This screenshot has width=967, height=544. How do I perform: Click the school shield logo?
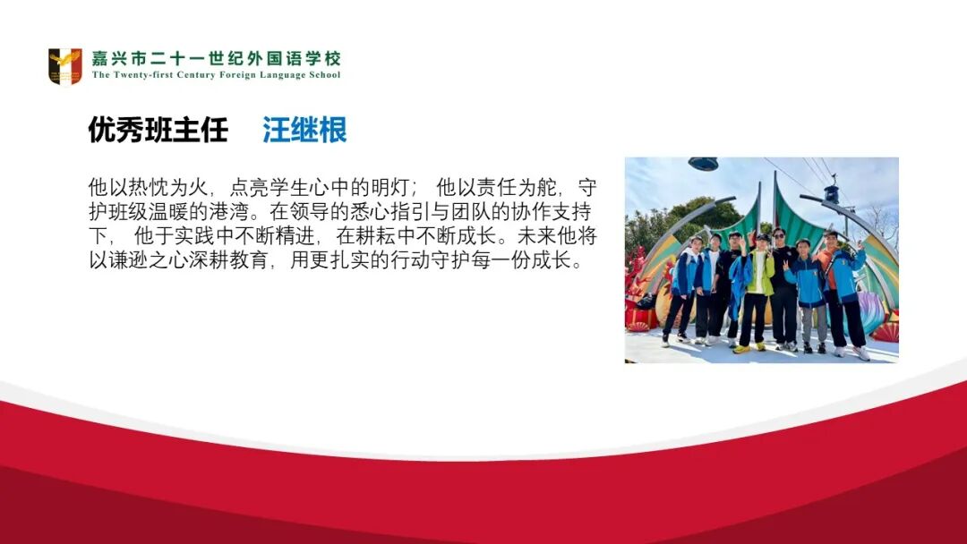tap(64, 67)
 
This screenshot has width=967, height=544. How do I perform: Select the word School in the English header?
tap(323, 76)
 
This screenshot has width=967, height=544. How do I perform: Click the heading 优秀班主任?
tap(158, 131)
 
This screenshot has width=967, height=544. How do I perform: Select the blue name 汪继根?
tap(304, 131)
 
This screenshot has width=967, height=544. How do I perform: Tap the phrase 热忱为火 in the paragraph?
tap(168, 189)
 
